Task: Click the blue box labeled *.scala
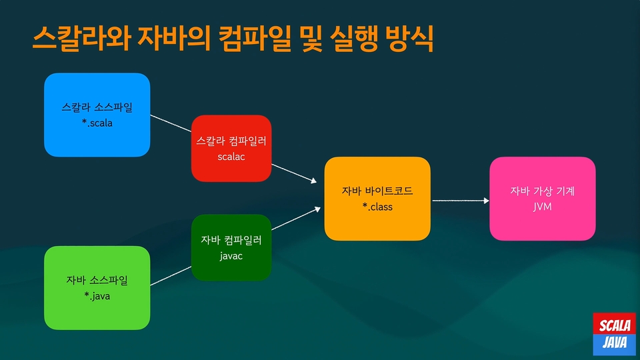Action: point(97,115)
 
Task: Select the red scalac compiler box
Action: point(231,148)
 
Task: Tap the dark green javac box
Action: point(231,247)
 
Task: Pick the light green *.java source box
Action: point(97,288)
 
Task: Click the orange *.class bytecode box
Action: point(377,199)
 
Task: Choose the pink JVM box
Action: point(543,199)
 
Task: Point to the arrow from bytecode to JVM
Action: point(461,201)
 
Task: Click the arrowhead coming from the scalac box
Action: point(313,181)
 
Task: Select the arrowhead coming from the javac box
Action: point(317,209)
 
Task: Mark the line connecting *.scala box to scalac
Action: point(171,123)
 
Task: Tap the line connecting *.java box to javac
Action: point(171,276)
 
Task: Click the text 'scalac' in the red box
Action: point(231,157)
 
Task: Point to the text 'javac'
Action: point(231,256)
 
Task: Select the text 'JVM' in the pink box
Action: point(543,207)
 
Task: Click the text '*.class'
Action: point(377,207)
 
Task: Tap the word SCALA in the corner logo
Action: point(615,326)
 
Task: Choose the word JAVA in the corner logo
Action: point(615,342)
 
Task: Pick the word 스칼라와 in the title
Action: point(81,38)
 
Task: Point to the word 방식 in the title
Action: point(409,39)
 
